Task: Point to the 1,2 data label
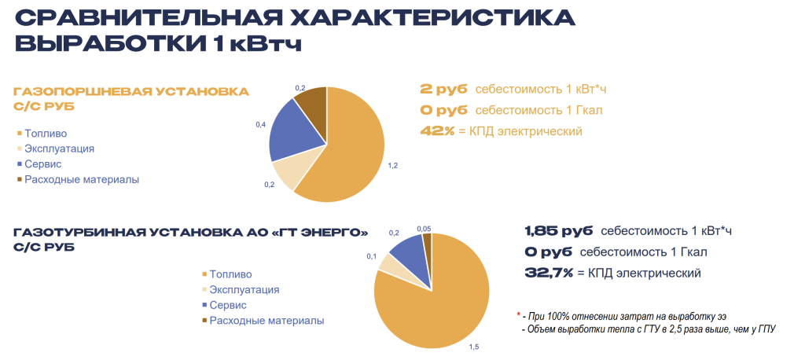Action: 393,166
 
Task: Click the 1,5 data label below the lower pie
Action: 474,346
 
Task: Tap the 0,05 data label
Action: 424,228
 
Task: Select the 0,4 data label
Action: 260,125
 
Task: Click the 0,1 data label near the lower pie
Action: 371,256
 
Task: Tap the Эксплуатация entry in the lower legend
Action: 244,289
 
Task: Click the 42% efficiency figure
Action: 437,131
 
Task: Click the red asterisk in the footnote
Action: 518,314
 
